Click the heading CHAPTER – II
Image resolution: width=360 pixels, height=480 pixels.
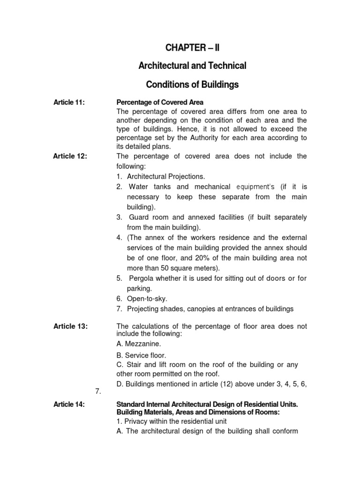point(192,47)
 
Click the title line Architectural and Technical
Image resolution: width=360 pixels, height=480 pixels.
point(192,66)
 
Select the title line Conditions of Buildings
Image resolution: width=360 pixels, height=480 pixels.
point(192,85)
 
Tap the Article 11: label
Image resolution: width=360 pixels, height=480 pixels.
point(69,103)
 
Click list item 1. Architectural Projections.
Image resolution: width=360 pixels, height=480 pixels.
point(161,177)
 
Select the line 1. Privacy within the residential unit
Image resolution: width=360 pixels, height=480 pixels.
point(171,421)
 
